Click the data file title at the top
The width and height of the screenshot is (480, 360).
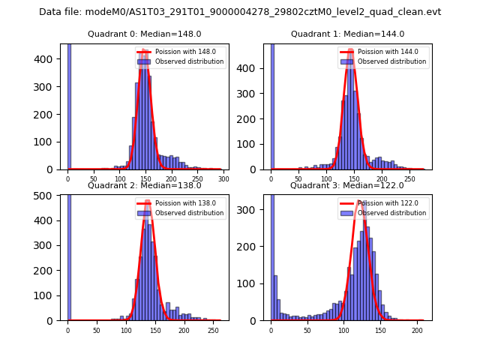[x=240, y=12]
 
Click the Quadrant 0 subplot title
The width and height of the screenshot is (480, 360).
[x=145, y=34]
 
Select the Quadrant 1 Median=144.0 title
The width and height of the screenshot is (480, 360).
[x=347, y=34]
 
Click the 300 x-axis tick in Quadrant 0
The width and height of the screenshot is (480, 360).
[x=223, y=179]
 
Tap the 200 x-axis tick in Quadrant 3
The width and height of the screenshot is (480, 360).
[x=417, y=330]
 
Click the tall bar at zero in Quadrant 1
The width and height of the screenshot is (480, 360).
[x=272, y=105]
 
